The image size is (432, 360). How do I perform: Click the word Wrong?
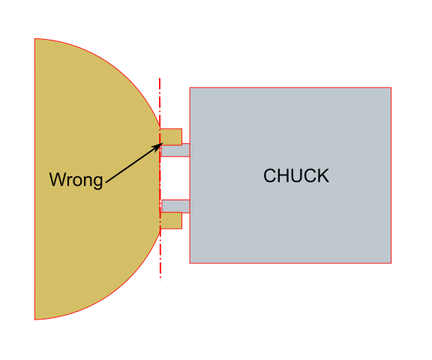pos(76,180)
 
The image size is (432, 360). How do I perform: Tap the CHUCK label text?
pos(296,176)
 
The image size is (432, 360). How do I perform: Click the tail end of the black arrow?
pos(106,182)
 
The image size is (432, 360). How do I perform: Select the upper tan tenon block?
pos(172,136)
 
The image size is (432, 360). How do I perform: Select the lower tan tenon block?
pos(172,220)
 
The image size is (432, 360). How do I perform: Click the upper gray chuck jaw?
pos(175,151)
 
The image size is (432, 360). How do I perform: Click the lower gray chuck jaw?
pos(175,206)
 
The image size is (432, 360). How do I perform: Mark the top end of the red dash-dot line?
pos(160,77)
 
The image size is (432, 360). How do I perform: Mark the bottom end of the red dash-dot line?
pos(160,281)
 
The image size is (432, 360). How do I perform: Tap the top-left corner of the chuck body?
pos(190,88)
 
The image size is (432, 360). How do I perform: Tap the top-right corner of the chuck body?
pos(391,88)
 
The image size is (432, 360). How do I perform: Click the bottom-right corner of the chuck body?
pos(391,263)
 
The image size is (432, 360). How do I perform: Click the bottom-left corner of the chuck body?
pos(190,263)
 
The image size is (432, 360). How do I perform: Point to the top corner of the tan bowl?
pos(35,39)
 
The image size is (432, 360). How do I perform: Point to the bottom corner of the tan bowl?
pos(35,319)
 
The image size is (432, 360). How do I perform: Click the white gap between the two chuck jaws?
pos(175,178)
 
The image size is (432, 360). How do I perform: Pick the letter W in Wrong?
pos(56,180)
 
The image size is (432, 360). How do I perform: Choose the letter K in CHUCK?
pos(323,176)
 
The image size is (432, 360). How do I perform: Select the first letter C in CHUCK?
pos(270,176)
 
